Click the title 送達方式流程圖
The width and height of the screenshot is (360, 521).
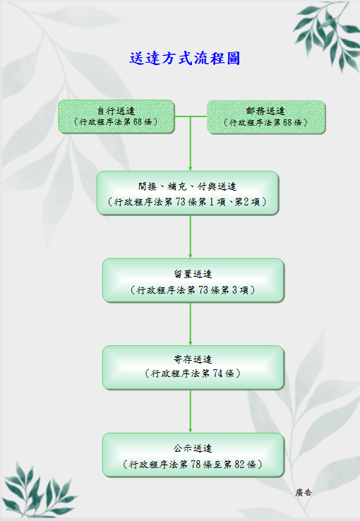185,59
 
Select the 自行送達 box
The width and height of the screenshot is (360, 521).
116,116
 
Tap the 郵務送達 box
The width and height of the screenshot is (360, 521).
266,117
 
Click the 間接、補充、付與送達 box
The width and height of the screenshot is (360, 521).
188,193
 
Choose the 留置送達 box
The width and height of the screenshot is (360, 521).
193,280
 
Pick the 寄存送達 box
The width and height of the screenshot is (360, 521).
193,368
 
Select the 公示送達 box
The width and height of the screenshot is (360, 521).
193,455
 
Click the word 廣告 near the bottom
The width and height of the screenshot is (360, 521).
304,493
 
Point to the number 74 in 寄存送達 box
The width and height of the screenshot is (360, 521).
217,373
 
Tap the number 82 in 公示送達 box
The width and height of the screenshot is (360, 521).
239,465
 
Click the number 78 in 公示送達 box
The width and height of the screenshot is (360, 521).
196,465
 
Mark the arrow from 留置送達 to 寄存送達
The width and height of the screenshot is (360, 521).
191,324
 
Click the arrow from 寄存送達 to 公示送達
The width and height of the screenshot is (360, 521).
191,412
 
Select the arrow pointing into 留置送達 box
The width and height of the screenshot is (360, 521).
191,236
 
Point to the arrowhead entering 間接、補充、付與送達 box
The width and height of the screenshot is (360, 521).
191,169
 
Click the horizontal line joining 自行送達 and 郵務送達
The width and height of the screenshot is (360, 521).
191,116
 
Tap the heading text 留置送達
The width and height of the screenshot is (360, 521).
193,274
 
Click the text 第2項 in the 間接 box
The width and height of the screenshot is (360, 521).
247,202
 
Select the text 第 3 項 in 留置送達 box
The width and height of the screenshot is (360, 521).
235,290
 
